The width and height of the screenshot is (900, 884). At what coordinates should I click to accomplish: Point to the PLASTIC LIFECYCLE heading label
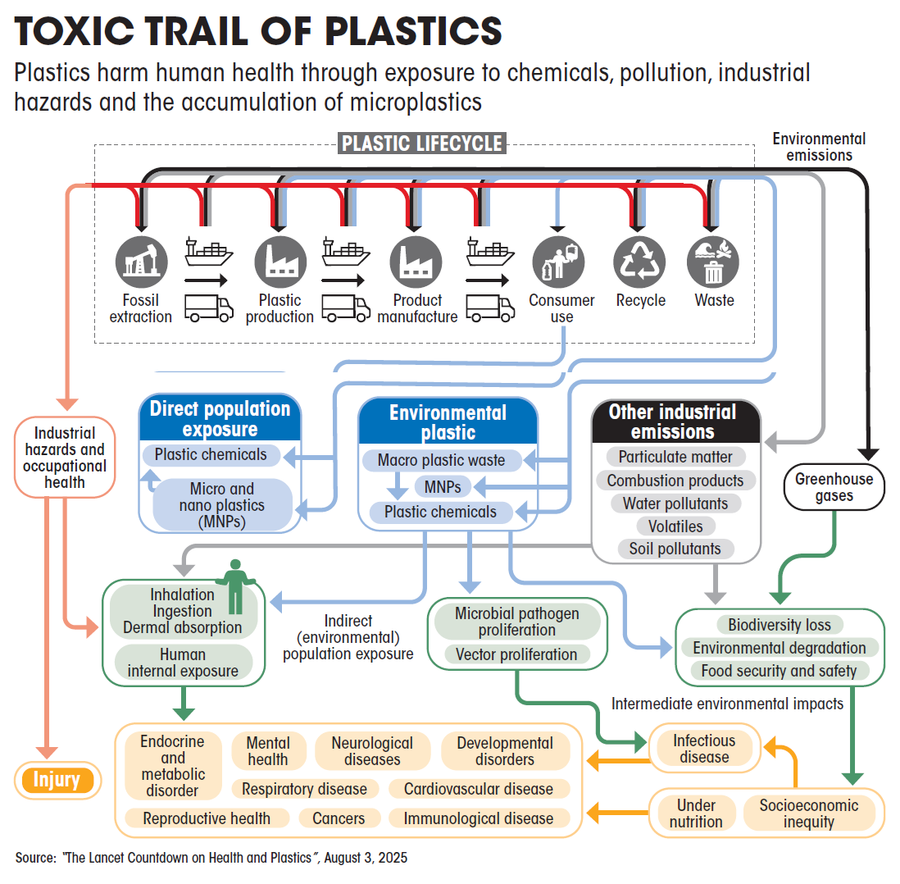(x=421, y=144)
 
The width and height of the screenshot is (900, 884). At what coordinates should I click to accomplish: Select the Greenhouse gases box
(x=834, y=487)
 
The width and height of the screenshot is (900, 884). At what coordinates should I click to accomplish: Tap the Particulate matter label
(x=675, y=457)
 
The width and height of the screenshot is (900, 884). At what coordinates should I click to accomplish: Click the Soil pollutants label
(x=675, y=549)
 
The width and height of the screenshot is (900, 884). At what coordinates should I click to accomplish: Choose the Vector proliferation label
(x=516, y=654)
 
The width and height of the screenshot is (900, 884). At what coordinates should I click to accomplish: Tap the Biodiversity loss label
(x=779, y=625)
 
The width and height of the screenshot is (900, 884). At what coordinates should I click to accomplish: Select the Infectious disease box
(x=704, y=749)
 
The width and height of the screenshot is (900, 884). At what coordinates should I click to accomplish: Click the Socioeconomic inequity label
(x=808, y=813)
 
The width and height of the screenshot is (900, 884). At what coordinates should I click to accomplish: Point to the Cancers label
(x=339, y=818)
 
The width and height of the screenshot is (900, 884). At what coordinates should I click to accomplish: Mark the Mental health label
(x=267, y=751)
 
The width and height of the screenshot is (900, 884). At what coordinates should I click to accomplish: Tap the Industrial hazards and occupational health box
(x=65, y=457)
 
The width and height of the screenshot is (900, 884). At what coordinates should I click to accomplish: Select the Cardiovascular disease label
(x=479, y=789)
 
